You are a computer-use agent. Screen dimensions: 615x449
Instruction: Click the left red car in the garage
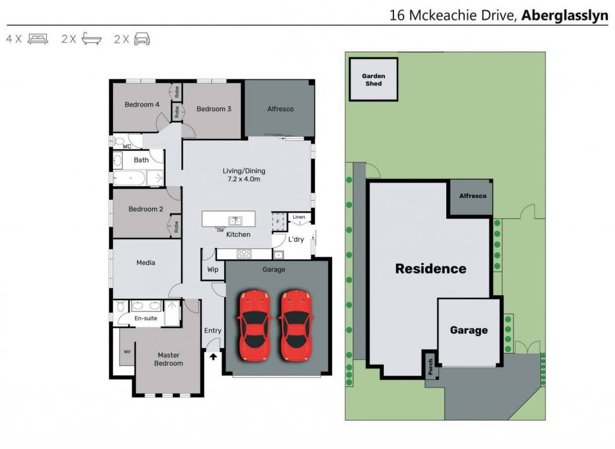coord(254,325)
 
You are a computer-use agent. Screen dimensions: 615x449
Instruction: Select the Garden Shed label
coord(374,80)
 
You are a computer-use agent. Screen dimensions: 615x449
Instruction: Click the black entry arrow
coord(213,356)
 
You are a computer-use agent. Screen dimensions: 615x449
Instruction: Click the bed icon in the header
coord(38,39)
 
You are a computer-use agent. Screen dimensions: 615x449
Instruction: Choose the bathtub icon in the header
coord(92,38)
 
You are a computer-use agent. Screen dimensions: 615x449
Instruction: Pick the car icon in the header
coord(142,39)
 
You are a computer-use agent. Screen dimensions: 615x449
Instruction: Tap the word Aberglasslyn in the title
coord(565,15)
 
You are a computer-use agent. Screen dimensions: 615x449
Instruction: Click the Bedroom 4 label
coord(142,105)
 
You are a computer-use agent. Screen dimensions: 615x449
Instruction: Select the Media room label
coord(146,263)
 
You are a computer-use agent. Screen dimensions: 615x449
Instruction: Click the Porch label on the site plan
coord(431,366)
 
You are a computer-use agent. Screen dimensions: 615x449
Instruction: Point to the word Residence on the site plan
coord(431,269)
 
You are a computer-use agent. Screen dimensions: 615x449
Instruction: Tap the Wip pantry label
coord(213,269)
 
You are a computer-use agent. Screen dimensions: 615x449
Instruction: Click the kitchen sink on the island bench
coord(235,221)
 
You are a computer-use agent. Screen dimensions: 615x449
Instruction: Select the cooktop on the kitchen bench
coord(244,254)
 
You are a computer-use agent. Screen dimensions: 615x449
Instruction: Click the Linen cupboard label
coord(299,217)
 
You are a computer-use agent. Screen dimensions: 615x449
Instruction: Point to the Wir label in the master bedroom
coord(127,351)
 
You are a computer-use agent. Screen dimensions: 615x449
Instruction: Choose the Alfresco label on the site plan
coord(473,196)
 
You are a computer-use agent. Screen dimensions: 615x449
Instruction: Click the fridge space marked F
coord(278,222)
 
